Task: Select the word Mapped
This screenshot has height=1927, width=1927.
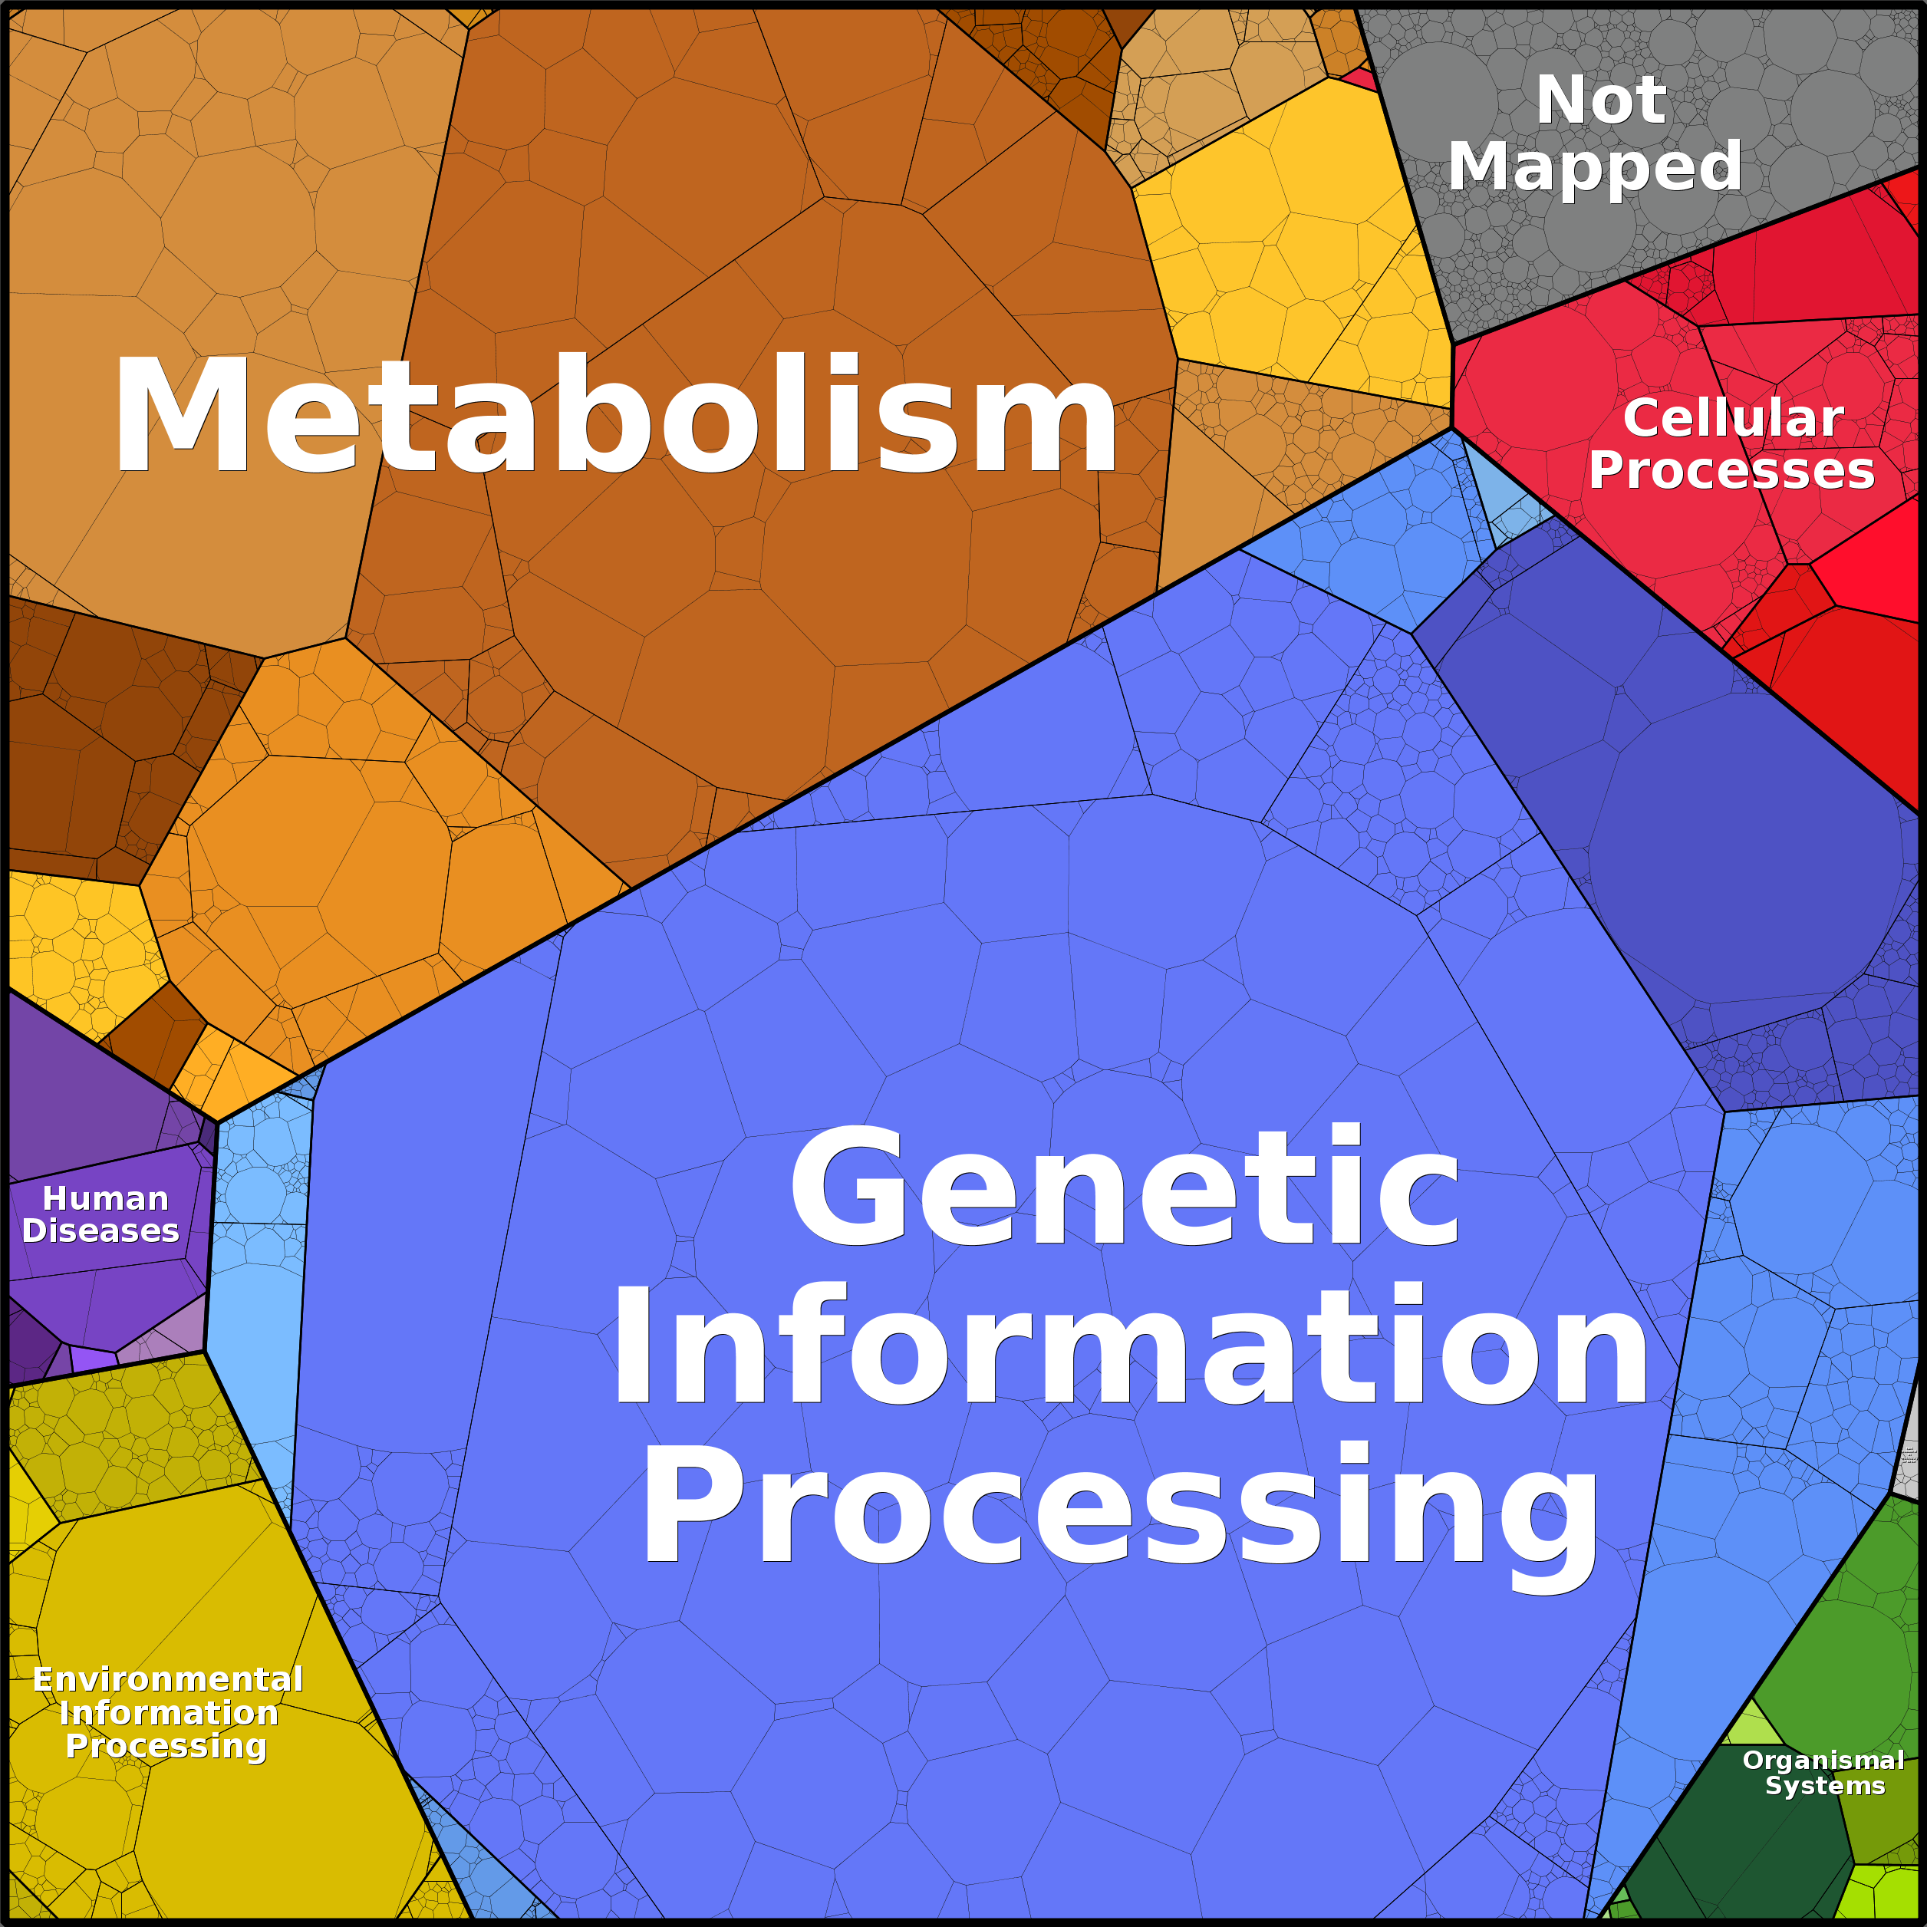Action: tap(1594, 166)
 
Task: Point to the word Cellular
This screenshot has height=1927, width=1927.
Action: tap(1732, 418)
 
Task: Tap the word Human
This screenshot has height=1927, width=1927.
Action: tap(105, 1198)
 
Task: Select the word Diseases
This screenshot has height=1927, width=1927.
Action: tap(100, 1230)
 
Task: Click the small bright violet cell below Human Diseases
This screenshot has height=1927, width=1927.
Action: tap(94, 1359)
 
